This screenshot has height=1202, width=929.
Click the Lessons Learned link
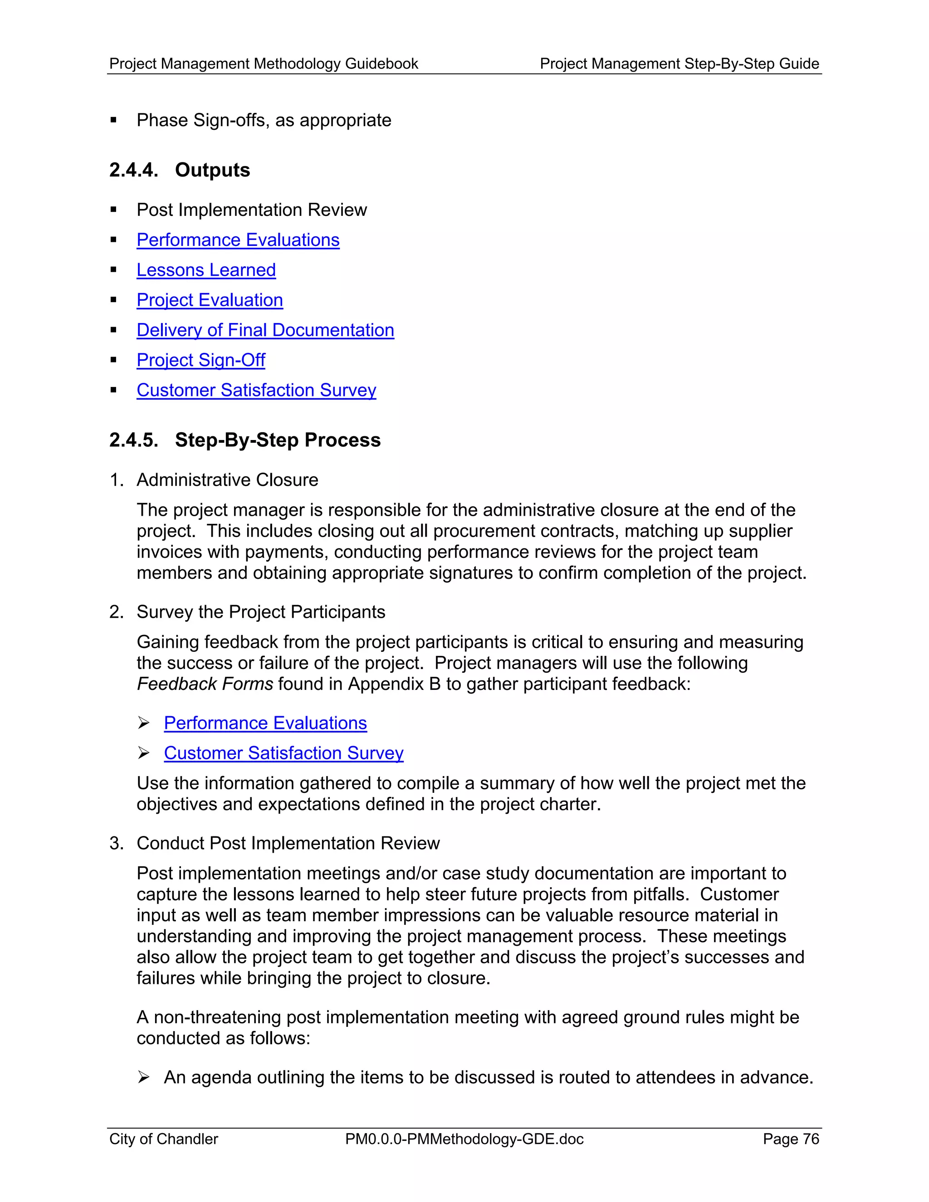(x=206, y=270)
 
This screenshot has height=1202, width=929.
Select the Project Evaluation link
(x=210, y=300)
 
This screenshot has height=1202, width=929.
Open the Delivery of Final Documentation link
(x=265, y=330)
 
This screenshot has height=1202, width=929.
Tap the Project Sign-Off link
(x=201, y=360)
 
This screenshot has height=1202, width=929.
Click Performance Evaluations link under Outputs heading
(x=238, y=240)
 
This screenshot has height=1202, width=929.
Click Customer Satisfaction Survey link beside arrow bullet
(x=284, y=753)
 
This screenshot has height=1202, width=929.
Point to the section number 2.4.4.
(x=133, y=170)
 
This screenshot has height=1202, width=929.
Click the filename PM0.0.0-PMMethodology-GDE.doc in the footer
(x=464, y=1138)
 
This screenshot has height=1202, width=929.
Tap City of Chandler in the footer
(x=163, y=1138)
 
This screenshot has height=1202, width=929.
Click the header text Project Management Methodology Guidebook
(x=264, y=64)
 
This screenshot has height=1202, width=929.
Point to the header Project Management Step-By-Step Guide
(x=679, y=64)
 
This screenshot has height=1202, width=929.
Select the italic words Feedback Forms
(x=205, y=684)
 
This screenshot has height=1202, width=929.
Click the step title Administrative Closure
(x=227, y=480)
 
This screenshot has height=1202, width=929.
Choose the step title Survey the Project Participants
(x=261, y=612)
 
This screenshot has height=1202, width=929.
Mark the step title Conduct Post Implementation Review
(x=288, y=843)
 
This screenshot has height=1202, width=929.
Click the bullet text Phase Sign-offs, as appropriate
(x=264, y=121)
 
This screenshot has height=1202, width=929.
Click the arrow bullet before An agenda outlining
(x=144, y=1077)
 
